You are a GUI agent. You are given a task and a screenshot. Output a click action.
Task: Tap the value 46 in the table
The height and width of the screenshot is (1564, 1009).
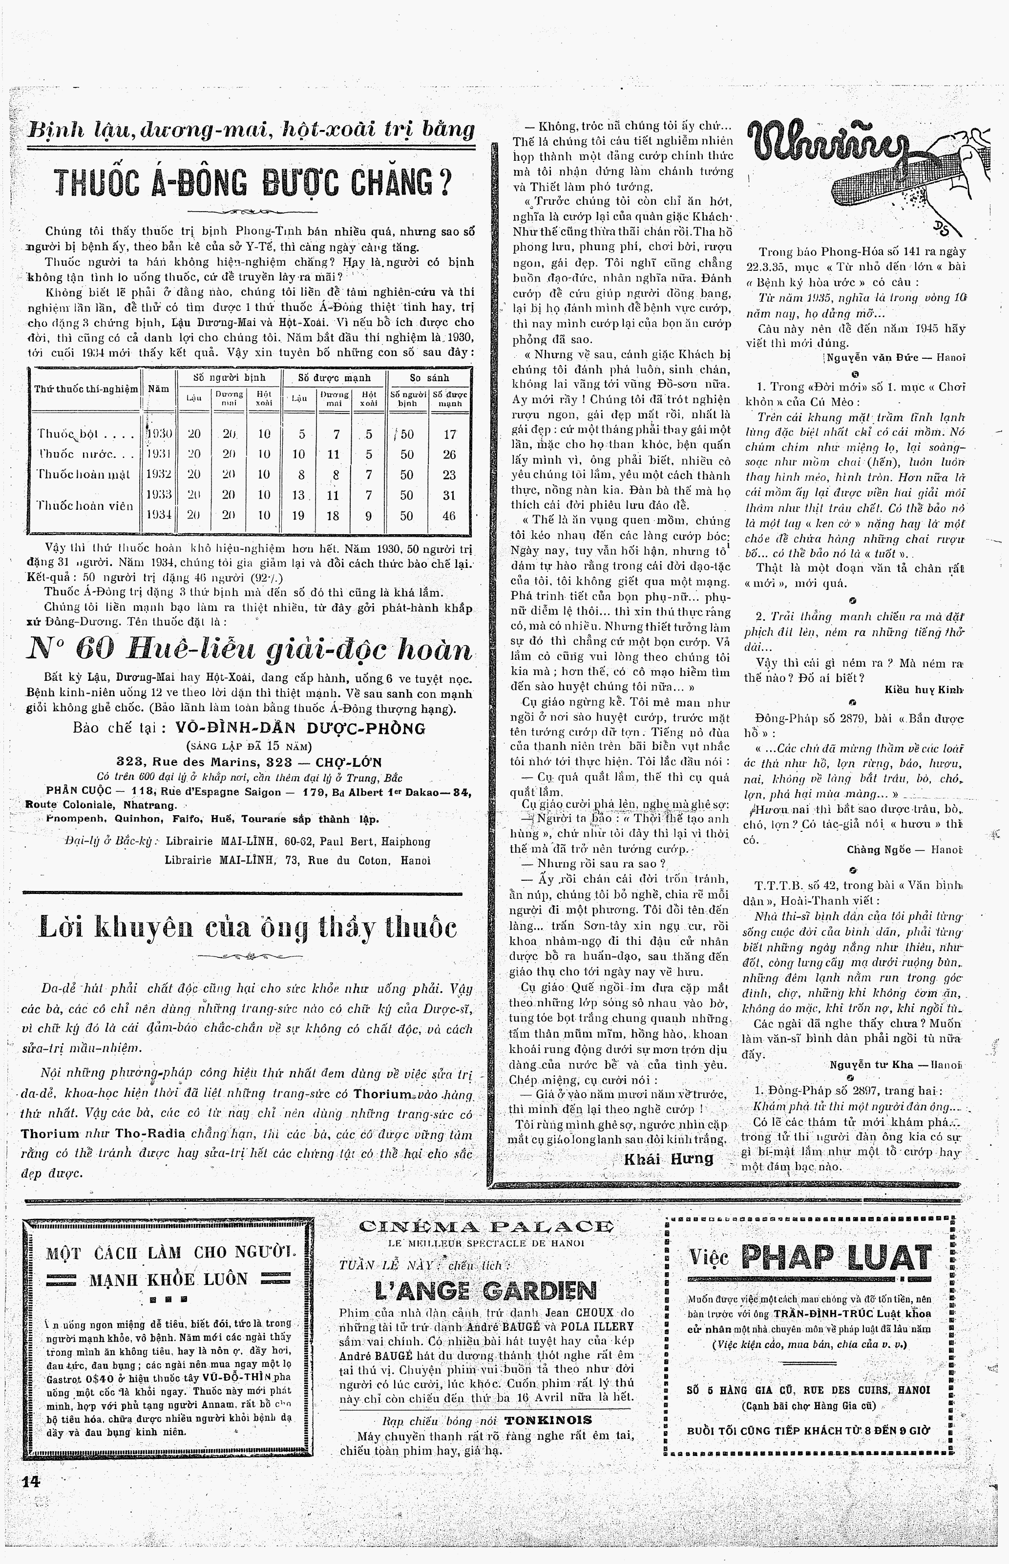449,515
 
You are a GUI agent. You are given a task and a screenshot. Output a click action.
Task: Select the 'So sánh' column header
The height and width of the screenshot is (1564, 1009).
429,378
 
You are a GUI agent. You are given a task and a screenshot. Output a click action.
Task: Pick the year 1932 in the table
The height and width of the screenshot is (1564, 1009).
159,475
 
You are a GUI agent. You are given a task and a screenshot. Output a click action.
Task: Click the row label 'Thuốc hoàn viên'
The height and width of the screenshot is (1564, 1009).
85,505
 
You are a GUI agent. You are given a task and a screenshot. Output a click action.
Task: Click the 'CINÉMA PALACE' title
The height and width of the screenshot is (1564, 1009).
487,1227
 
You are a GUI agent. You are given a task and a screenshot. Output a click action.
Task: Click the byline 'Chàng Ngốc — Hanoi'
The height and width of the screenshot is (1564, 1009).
904,849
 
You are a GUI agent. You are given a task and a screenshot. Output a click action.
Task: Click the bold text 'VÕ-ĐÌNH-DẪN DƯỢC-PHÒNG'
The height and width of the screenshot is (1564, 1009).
301,728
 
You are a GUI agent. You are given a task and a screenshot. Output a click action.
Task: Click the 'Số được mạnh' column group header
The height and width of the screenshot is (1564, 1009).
334,378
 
